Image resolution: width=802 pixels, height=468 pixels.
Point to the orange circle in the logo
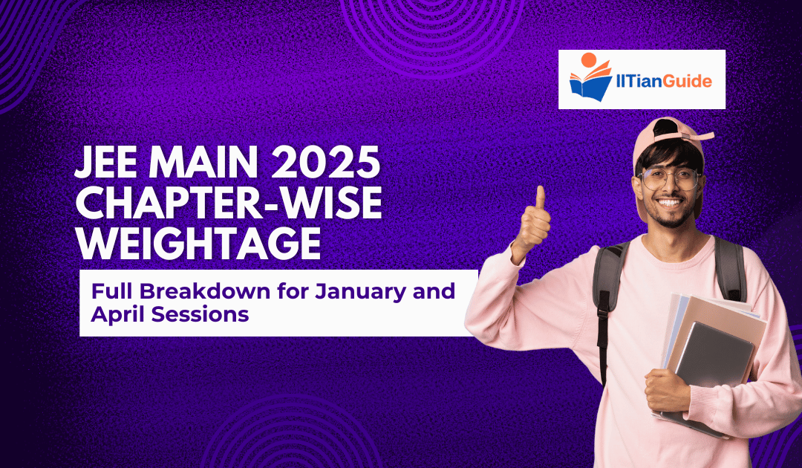(x=588, y=59)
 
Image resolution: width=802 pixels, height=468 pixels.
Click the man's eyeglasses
(x=668, y=179)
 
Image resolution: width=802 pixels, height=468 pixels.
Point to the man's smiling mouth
(x=671, y=203)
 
